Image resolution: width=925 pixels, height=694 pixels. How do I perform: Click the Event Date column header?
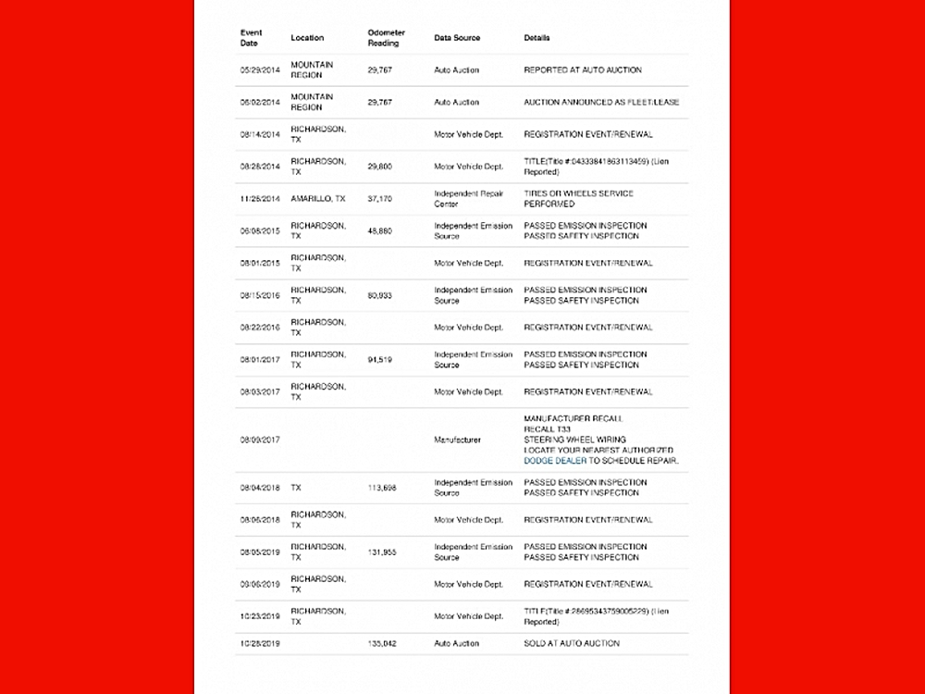[251, 38]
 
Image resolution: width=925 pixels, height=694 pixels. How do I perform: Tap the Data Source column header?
[457, 38]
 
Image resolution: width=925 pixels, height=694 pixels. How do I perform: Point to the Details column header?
[536, 38]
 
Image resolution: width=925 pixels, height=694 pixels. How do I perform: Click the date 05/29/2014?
[260, 70]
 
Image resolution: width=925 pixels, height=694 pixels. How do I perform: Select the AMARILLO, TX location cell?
[318, 199]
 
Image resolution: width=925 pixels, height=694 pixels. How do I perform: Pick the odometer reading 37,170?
[379, 199]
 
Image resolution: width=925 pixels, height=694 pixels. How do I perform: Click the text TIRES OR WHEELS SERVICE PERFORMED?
[578, 199]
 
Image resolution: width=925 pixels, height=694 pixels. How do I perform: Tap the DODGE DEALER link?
[555, 460]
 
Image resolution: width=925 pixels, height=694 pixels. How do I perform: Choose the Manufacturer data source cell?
[457, 440]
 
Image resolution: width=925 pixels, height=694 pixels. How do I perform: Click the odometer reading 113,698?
[381, 488]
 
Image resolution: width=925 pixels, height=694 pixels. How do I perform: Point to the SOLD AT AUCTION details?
[571, 643]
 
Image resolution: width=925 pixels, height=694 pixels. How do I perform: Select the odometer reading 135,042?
[381, 643]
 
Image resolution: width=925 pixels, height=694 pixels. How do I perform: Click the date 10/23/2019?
[260, 616]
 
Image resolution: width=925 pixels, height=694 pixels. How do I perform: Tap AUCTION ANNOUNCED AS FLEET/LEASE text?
[601, 102]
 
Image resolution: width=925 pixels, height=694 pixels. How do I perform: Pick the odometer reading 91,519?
[379, 359]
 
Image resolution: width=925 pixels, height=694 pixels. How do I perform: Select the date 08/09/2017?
[260, 440]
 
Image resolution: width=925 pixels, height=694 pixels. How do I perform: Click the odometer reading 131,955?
[381, 551]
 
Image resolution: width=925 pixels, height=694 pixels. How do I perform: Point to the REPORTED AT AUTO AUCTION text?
[582, 70]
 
